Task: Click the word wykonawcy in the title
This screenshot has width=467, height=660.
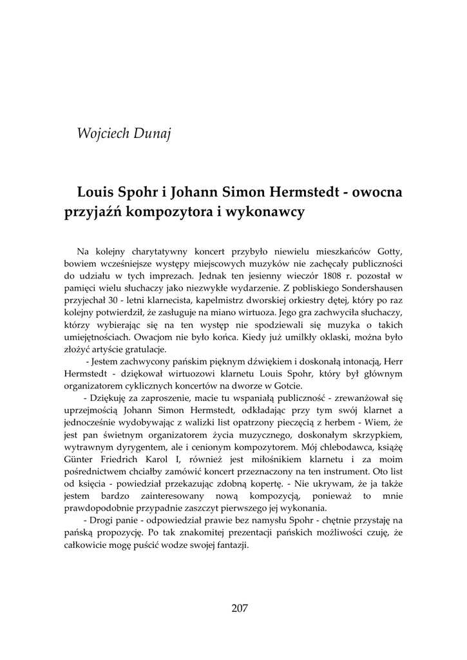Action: [x=267, y=212]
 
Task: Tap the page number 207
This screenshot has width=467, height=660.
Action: [x=239, y=608]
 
